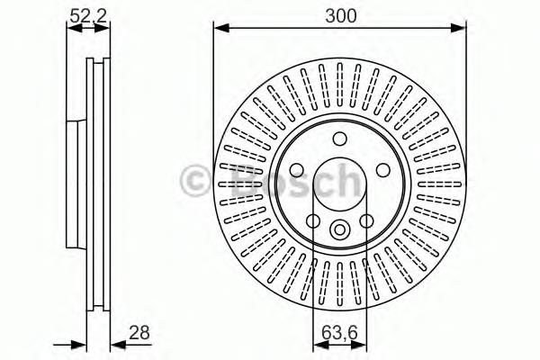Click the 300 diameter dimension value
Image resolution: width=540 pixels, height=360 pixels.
(x=340, y=16)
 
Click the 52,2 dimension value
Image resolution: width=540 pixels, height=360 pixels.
(x=88, y=16)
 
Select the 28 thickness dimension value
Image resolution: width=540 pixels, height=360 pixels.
(x=139, y=332)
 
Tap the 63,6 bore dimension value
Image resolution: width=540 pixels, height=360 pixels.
(x=340, y=332)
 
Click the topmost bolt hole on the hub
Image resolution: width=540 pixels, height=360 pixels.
(x=339, y=139)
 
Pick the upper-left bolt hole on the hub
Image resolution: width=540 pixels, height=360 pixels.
(x=296, y=170)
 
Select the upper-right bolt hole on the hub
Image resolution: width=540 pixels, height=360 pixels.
(x=383, y=170)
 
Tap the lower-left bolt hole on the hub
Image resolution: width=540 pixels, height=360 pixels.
(x=313, y=220)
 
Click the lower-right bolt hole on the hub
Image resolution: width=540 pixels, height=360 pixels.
(x=366, y=220)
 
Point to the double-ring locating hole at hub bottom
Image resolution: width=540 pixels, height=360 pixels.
(x=339, y=229)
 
